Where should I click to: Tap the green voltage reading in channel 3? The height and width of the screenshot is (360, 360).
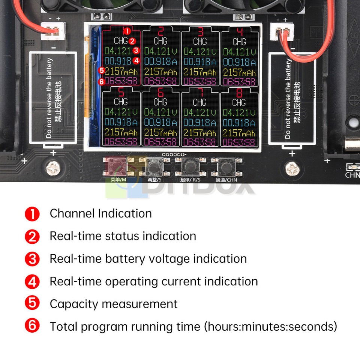(200, 51)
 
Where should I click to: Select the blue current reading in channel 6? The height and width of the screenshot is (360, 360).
(160, 122)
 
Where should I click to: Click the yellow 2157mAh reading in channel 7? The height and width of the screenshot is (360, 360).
(200, 132)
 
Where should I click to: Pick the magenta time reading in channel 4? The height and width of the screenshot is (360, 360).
(239, 81)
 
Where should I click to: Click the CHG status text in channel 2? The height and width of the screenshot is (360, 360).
(160, 40)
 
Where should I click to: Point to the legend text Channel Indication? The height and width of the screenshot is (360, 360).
(100, 213)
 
